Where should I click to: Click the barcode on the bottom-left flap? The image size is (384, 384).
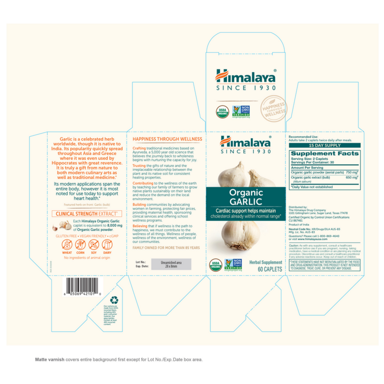click(83, 285)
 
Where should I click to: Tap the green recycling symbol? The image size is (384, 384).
click(114, 300)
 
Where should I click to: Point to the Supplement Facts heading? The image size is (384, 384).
click(324, 153)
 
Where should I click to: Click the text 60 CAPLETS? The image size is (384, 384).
click(270, 269)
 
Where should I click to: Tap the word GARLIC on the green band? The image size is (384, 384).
click(246, 201)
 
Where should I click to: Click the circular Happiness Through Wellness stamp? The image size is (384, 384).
click(273, 109)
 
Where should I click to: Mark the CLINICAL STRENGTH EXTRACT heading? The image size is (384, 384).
click(87, 213)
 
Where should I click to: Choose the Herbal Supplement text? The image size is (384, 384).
click(266, 262)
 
